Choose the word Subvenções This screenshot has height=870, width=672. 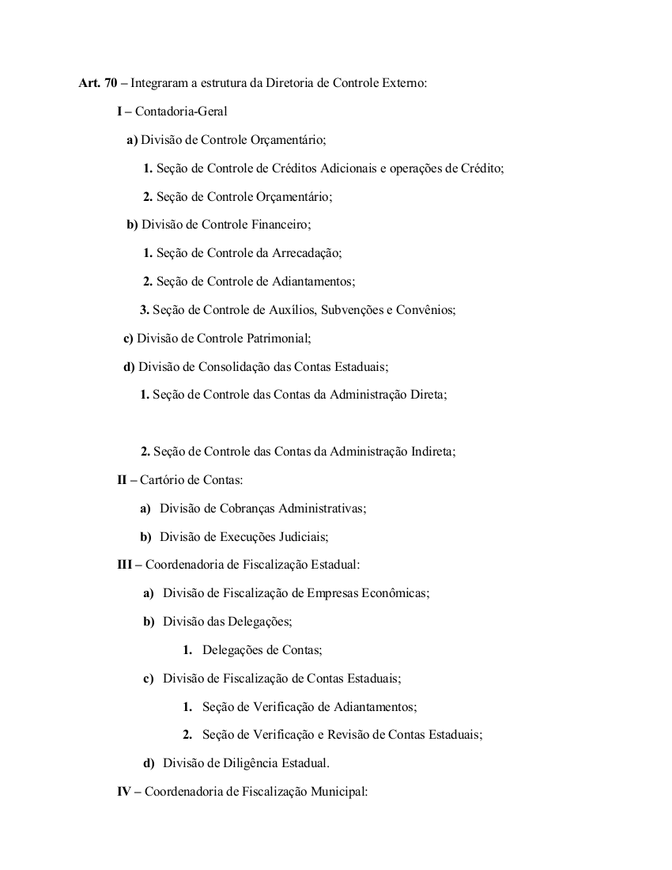[x=351, y=310]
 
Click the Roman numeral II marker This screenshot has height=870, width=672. [x=123, y=480]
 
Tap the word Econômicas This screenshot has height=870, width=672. [x=395, y=593]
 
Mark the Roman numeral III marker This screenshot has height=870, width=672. [x=125, y=565]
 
